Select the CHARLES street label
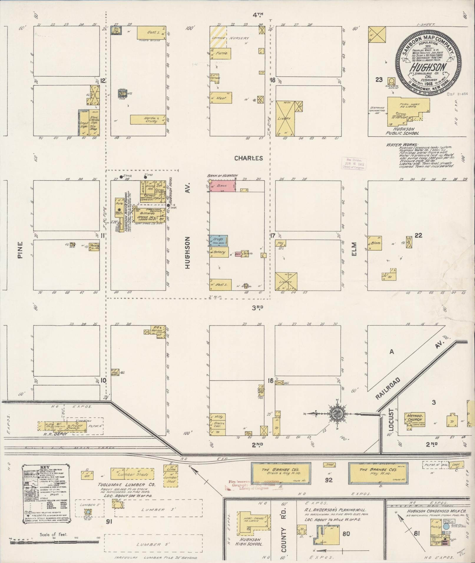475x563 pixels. tap(249, 158)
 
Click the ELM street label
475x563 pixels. tap(354, 249)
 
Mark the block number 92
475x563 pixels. tap(329, 480)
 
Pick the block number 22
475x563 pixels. tap(418, 235)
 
